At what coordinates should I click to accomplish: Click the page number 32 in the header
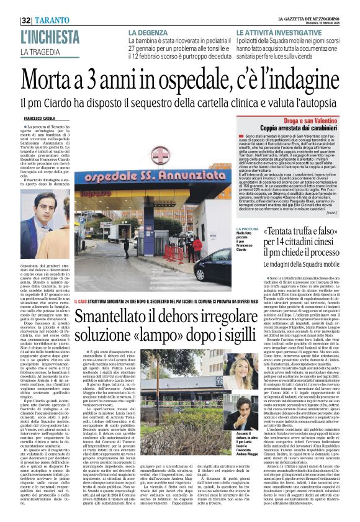[28, 19]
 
